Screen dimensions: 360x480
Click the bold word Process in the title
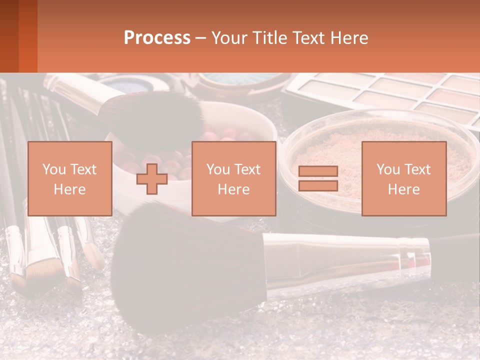157,38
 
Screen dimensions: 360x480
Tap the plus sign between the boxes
152,178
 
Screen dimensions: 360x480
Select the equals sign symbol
318,178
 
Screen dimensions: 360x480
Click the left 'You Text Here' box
70,178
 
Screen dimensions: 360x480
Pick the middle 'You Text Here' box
234,178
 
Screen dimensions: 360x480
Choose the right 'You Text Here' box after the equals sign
404,178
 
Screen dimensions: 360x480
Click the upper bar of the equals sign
318,171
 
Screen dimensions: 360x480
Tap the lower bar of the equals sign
318,186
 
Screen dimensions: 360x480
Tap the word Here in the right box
404,189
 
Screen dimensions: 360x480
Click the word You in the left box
53,169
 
